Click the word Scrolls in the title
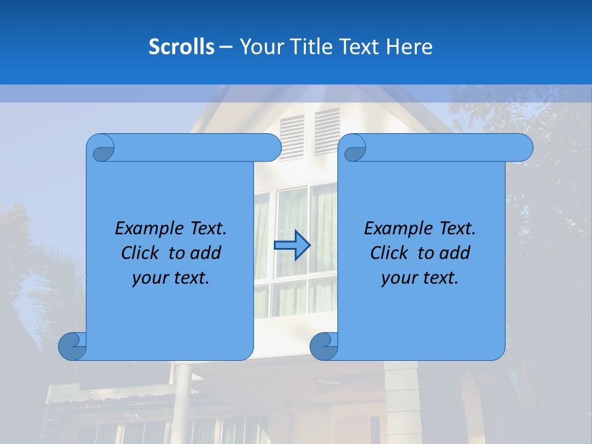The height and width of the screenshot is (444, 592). (x=181, y=47)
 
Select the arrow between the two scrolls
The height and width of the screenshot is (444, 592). (x=292, y=245)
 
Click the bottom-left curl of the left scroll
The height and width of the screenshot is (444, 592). (x=72, y=346)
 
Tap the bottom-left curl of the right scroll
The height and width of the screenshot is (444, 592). (x=324, y=346)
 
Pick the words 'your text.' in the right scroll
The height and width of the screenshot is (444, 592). (x=420, y=278)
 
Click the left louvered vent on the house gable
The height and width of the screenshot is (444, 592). (x=292, y=138)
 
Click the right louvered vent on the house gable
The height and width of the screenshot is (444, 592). (x=327, y=131)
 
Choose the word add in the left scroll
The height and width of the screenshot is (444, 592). (x=206, y=253)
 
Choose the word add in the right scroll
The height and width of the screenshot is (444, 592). (x=455, y=253)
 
